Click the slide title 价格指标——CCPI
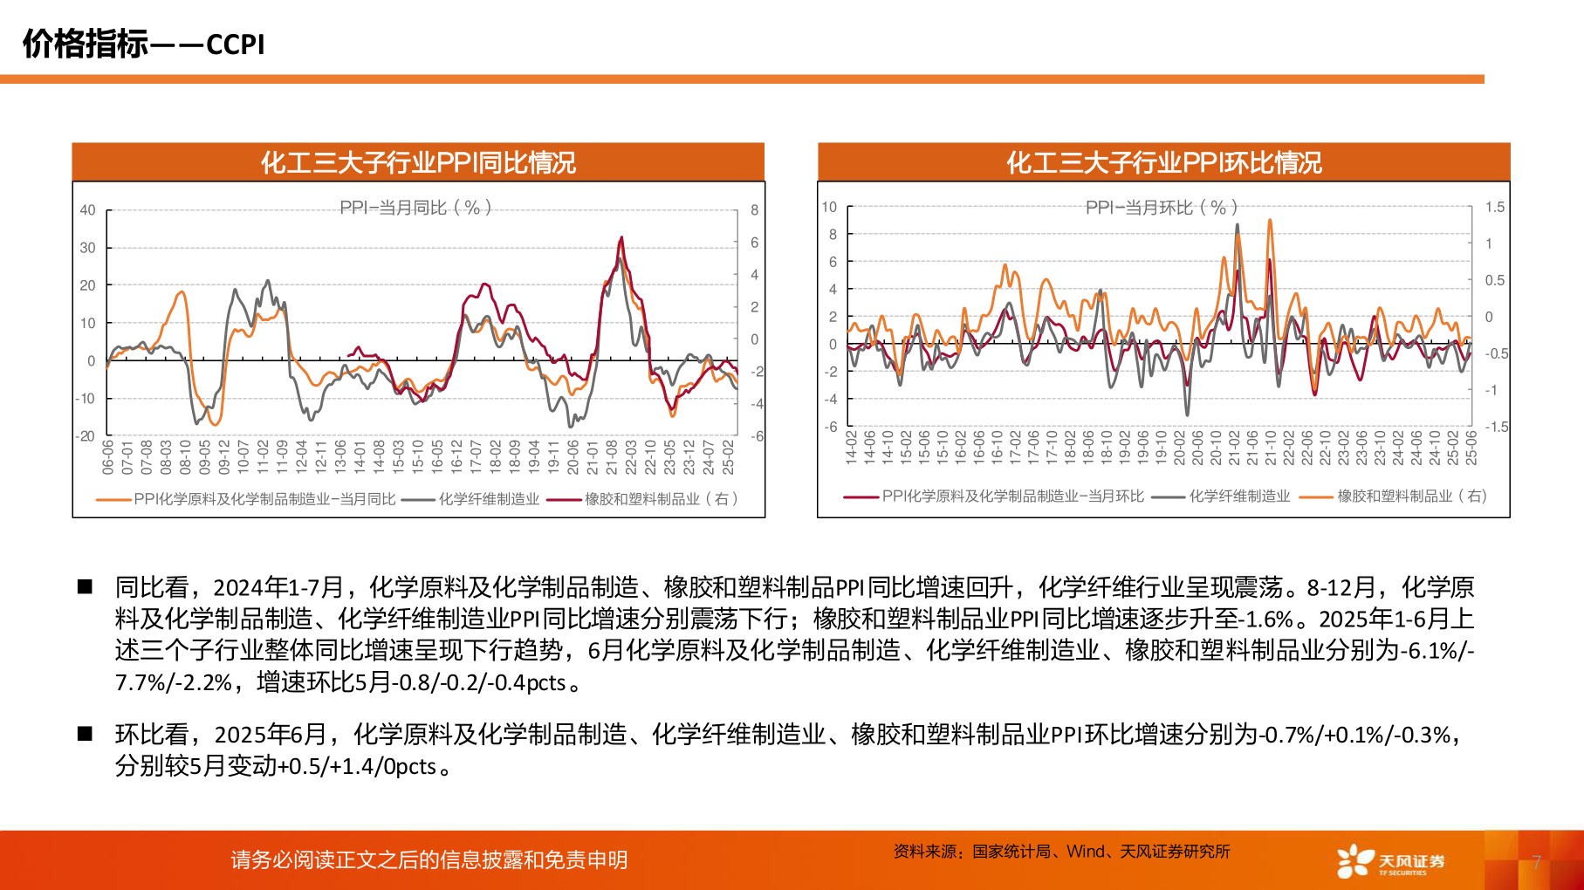pyautogui.click(x=144, y=44)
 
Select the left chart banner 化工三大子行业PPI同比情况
pyautogui.click(x=418, y=162)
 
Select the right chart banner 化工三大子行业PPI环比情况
pyautogui.click(x=1163, y=162)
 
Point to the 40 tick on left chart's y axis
pyautogui.click(x=87, y=210)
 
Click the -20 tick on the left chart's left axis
pyautogui.click(x=86, y=436)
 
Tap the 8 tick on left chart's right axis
pyautogui.click(x=754, y=210)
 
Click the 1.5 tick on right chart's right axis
pyautogui.click(x=1495, y=208)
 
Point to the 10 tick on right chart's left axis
pyautogui.click(x=829, y=208)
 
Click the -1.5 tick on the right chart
pyautogui.click(x=1497, y=427)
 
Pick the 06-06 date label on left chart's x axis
pyautogui.click(x=108, y=456)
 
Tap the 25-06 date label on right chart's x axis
pyautogui.click(x=1471, y=447)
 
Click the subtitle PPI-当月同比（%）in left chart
pyautogui.click(x=415, y=208)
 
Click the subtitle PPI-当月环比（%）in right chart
pyautogui.click(x=1162, y=208)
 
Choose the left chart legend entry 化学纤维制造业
pyautogui.click(x=489, y=499)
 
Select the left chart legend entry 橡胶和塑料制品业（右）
pyautogui.click(x=662, y=499)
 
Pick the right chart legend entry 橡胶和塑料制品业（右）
pyautogui.click(x=1411, y=496)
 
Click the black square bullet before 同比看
pyautogui.click(x=85, y=586)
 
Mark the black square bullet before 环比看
pyautogui.click(x=85, y=734)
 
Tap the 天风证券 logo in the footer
pyautogui.click(x=1390, y=860)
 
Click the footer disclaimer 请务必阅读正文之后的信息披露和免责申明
pyautogui.click(x=429, y=860)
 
